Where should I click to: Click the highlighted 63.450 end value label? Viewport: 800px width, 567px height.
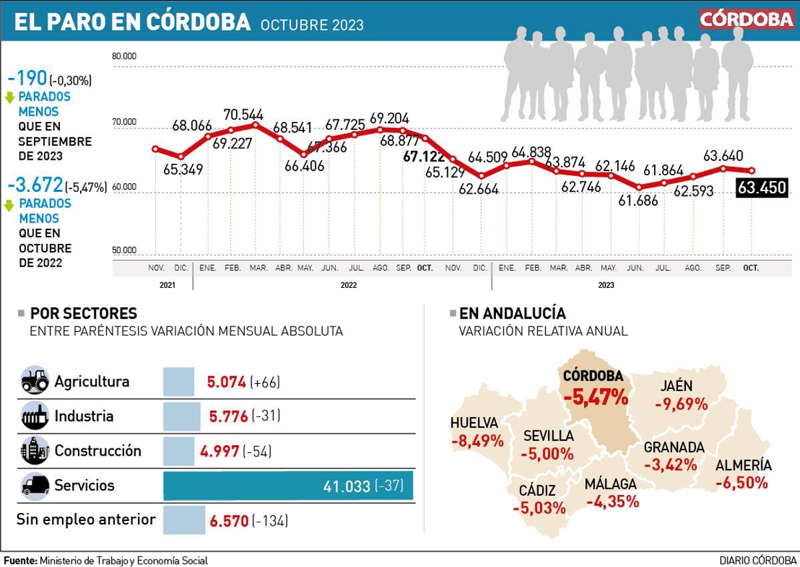[x=762, y=188]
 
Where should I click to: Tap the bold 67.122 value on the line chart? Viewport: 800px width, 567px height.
[x=424, y=157]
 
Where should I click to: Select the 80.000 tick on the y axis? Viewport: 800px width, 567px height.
[x=124, y=56]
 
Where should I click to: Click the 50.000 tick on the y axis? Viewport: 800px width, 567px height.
[x=124, y=251]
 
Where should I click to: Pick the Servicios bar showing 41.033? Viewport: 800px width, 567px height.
[x=288, y=486]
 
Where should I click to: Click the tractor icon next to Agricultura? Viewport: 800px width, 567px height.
[x=35, y=381]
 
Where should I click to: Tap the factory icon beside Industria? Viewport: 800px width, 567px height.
[x=35, y=416]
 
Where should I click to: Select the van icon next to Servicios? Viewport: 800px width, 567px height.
[x=35, y=486]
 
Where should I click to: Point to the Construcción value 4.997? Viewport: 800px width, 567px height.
[x=219, y=451]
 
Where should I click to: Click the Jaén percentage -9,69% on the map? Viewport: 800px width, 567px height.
[x=680, y=404]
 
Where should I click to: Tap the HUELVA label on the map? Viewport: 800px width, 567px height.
[x=474, y=423]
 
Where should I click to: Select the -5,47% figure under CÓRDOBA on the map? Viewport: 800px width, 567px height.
[x=595, y=398]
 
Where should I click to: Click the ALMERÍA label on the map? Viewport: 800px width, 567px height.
[x=743, y=466]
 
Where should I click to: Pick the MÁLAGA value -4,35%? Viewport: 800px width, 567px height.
[x=612, y=501]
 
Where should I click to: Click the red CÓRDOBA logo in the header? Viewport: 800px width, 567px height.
[x=746, y=19]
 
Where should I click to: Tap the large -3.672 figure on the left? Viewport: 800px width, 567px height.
[x=35, y=185]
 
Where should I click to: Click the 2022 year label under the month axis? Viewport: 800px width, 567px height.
[x=348, y=285]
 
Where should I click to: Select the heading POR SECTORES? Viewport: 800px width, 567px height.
[x=83, y=313]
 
